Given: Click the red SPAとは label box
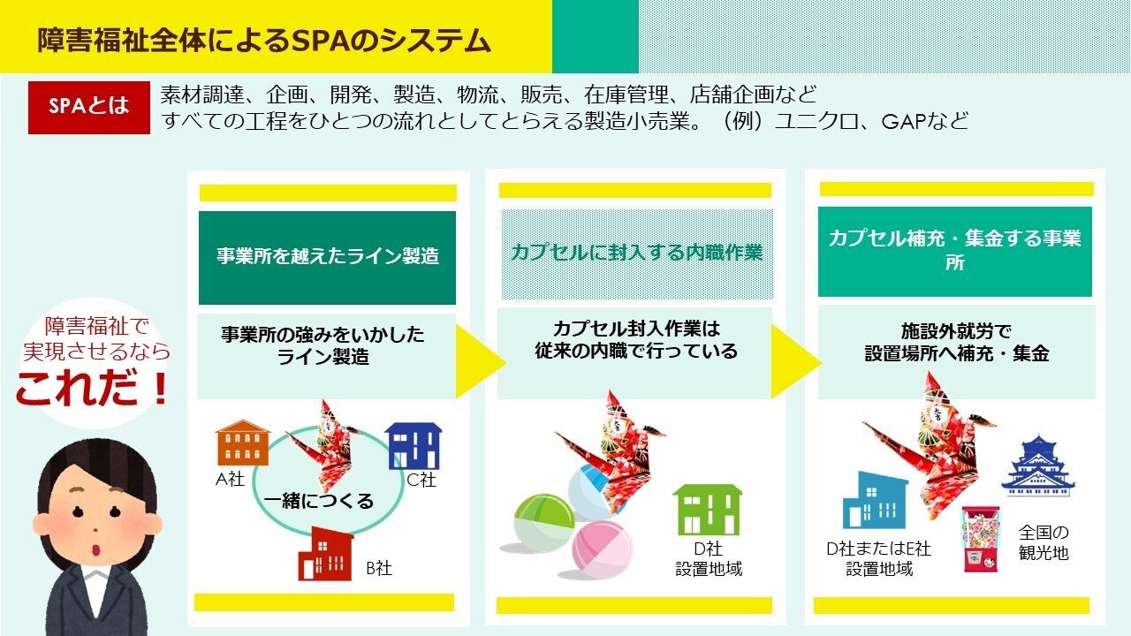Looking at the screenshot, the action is pyautogui.click(x=89, y=108).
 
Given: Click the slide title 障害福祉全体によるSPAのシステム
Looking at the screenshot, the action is pyautogui.click(x=264, y=41).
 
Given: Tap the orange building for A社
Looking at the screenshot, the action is pyautogui.click(x=242, y=443).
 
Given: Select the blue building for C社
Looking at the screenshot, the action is pyautogui.click(x=414, y=446).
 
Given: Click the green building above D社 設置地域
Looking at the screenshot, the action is pyautogui.click(x=708, y=510).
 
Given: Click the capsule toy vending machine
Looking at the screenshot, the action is pyautogui.click(x=980, y=539).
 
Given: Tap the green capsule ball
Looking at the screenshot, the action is pyautogui.click(x=543, y=523).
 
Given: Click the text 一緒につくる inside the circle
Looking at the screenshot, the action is pyautogui.click(x=319, y=501).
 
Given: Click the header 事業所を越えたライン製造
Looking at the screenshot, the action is pyautogui.click(x=328, y=256).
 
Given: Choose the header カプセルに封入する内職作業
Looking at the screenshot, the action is pyautogui.click(x=636, y=253).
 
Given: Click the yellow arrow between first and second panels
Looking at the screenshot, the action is pyautogui.click(x=480, y=361).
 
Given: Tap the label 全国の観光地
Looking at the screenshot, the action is pyautogui.click(x=1044, y=542).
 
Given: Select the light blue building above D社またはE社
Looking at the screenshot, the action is pyautogui.click(x=875, y=500).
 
